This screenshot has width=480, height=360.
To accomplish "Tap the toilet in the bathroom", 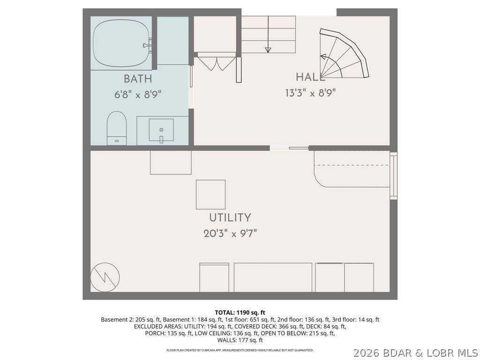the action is (x=117, y=128).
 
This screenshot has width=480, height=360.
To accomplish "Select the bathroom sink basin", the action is (x=161, y=130).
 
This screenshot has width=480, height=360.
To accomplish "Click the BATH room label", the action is (x=138, y=79).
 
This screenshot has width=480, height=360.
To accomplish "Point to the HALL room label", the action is (x=310, y=77).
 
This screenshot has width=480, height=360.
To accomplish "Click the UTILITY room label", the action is (x=230, y=217).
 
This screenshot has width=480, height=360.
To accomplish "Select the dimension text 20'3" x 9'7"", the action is (x=230, y=233).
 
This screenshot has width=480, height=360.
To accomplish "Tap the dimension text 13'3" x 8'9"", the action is (x=310, y=92).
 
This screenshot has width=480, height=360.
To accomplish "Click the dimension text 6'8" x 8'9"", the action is (x=138, y=94).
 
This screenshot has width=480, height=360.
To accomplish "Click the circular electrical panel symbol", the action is (x=105, y=277).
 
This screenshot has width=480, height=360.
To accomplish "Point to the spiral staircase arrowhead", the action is (x=323, y=56).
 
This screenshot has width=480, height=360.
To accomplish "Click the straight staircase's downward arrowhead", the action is (x=268, y=50).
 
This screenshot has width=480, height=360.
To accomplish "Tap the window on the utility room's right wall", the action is (x=393, y=176).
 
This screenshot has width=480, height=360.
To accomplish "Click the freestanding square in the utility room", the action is (x=210, y=195).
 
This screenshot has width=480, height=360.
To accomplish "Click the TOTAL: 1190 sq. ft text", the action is (x=240, y=313).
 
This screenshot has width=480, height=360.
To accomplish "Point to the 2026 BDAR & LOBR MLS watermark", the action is (x=416, y=353).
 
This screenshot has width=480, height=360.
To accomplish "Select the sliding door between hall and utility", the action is (x=289, y=148).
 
